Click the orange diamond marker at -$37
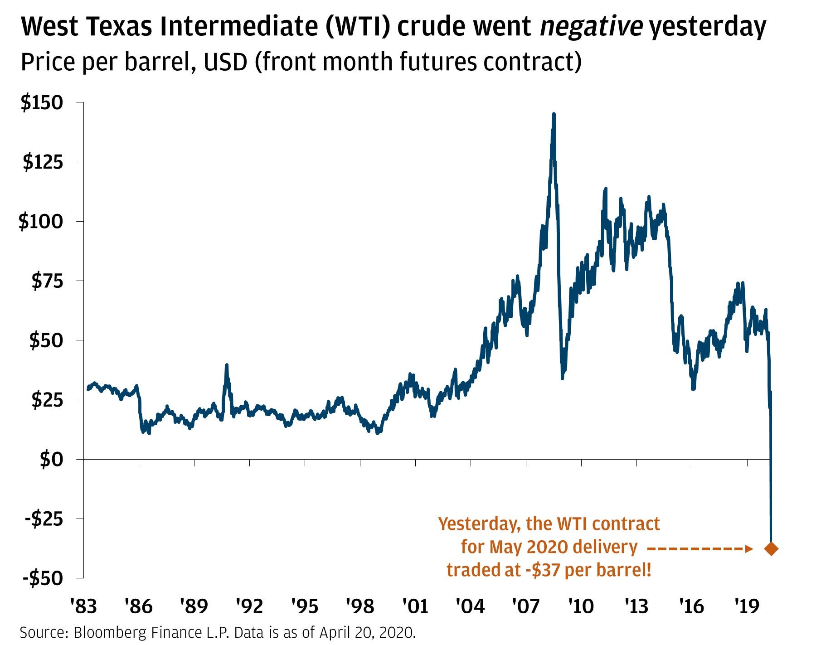click(x=771, y=548)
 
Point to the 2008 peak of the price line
click(x=554, y=115)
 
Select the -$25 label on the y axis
click(x=44, y=519)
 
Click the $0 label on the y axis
click(x=51, y=460)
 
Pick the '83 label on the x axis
click(x=83, y=606)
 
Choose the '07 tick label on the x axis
click(x=526, y=606)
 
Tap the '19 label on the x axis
click(x=747, y=606)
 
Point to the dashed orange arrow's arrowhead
click(x=749, y=549)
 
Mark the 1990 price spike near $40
click(x=226, y=365)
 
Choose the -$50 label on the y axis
click(x=44, y=578)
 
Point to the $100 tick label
click(x=40, y=222)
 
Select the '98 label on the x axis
click(x=360, y=606)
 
